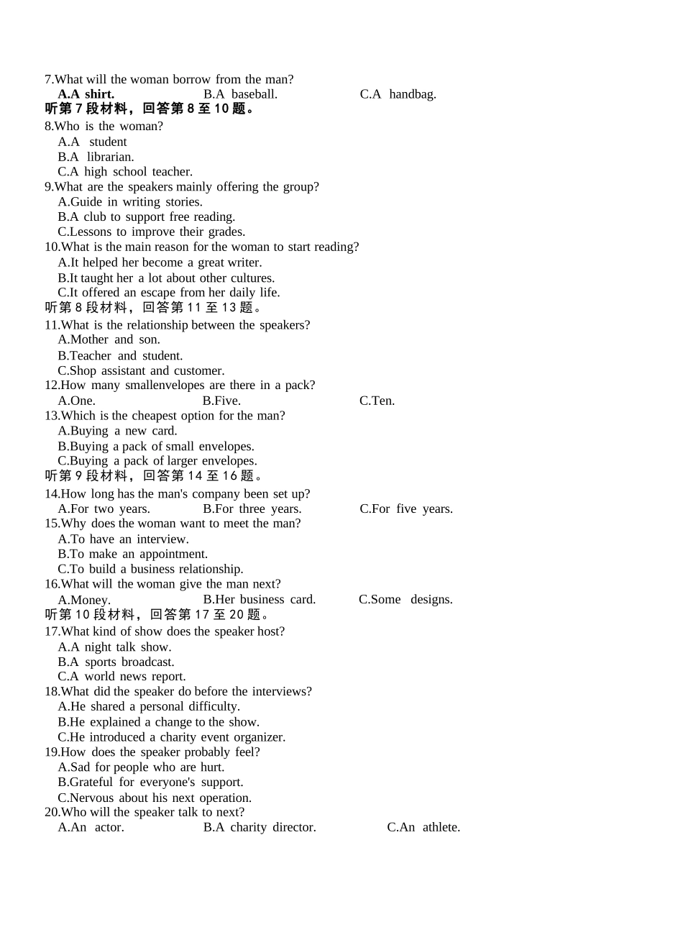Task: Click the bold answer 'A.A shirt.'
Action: pyautogui.click(x=86, y=94)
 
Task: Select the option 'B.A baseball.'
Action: pyautogui.click(x=240, y=94)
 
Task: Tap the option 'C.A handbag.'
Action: pyautogui.click(x=398, y=94)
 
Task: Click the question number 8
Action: pyautogui.click(x=49, y=127)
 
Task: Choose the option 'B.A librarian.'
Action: pyautogui.click(x=96, y=157)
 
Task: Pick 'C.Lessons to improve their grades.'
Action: pyautogui.click(x=151, y=232)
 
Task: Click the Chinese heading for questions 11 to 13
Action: pyautogui.click(x=153, y=308)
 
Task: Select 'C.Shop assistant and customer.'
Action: pyautogui.click(x=141, y=371)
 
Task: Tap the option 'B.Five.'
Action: pyautogui.click(x=221, y=401)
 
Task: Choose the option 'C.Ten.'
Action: pyautogui.click(x=377, y=401)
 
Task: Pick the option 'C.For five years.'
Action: pyautogui.click(x=406, y=509)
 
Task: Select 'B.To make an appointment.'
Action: pyautogui.click(x=132, y=555)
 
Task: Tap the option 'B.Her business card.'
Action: pyautogui.click(x=259, y=600)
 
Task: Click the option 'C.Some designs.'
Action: pyautogui.click(x=405, y=600)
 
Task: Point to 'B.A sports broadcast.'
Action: pyautogui.click(x=116, y=662)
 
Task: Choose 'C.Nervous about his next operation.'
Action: pyautogui.click(x=155, y=798)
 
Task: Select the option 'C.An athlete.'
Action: pyautogui.click(x=423, y=828)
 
